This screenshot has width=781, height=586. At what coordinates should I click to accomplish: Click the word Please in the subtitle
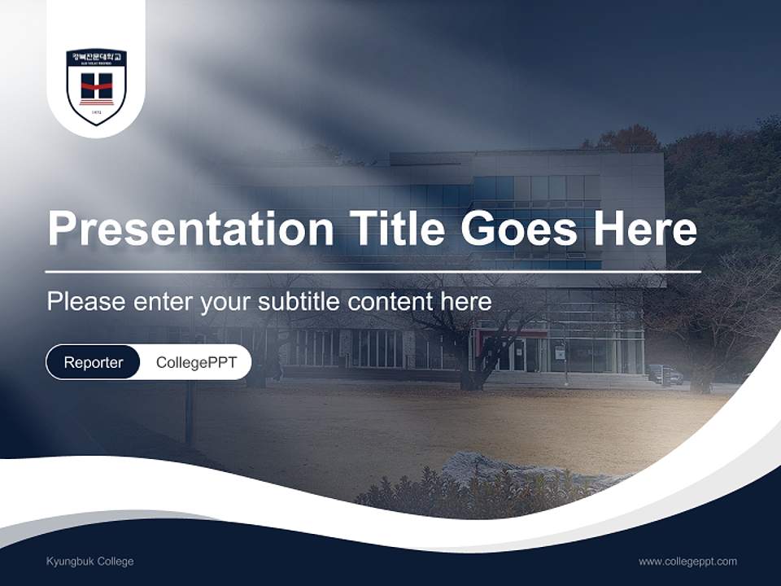click(85, 302)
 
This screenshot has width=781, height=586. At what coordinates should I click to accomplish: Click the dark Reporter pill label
click(93, 362)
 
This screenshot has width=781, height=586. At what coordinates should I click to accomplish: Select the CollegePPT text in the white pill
click(196, 362)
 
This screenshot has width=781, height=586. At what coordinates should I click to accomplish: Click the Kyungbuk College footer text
click(90, 562)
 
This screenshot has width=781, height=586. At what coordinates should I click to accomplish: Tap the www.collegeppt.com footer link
click(687, 562)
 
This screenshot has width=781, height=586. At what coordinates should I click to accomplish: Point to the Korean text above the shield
click(96, 57)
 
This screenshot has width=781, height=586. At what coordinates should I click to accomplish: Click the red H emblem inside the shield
click(96, 85)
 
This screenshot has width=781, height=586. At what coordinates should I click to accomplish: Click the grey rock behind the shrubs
click(488, 470)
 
